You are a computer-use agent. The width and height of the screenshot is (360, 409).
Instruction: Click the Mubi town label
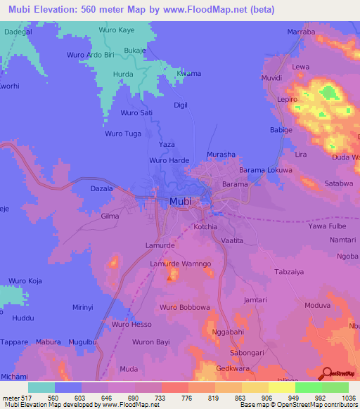point(181,202)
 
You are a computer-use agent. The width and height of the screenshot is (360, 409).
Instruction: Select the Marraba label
point(302,32)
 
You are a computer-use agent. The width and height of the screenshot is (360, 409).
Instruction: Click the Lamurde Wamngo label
point(181,264)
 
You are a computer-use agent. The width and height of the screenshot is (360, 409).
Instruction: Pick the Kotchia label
point(205,228)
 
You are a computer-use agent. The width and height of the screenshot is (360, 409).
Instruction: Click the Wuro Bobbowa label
point(185,308)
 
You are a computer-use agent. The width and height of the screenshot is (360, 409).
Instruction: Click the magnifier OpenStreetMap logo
point(326,375)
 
